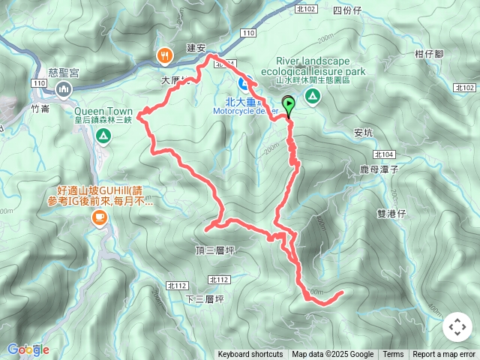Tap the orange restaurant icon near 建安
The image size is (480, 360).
[x=163, y=55]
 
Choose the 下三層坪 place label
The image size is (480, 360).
[x=204, y=299]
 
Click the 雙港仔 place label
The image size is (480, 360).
[x=391, y=214]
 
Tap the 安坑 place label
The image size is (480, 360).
[x=363, y=133]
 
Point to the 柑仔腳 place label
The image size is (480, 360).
[x=429, y=54]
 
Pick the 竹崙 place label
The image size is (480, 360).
[x=40, y=108]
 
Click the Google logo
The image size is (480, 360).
[x=28, y=349]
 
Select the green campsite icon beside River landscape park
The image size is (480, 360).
[x=312, y=95]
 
